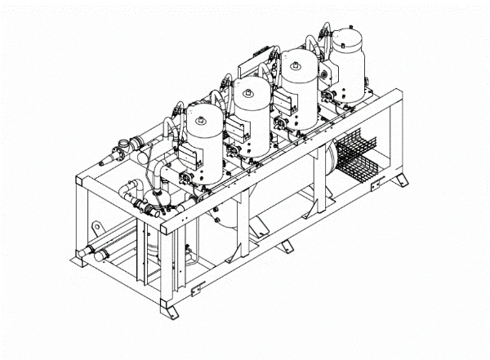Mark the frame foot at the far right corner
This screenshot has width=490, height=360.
399,180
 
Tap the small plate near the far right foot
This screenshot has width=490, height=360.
376,187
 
